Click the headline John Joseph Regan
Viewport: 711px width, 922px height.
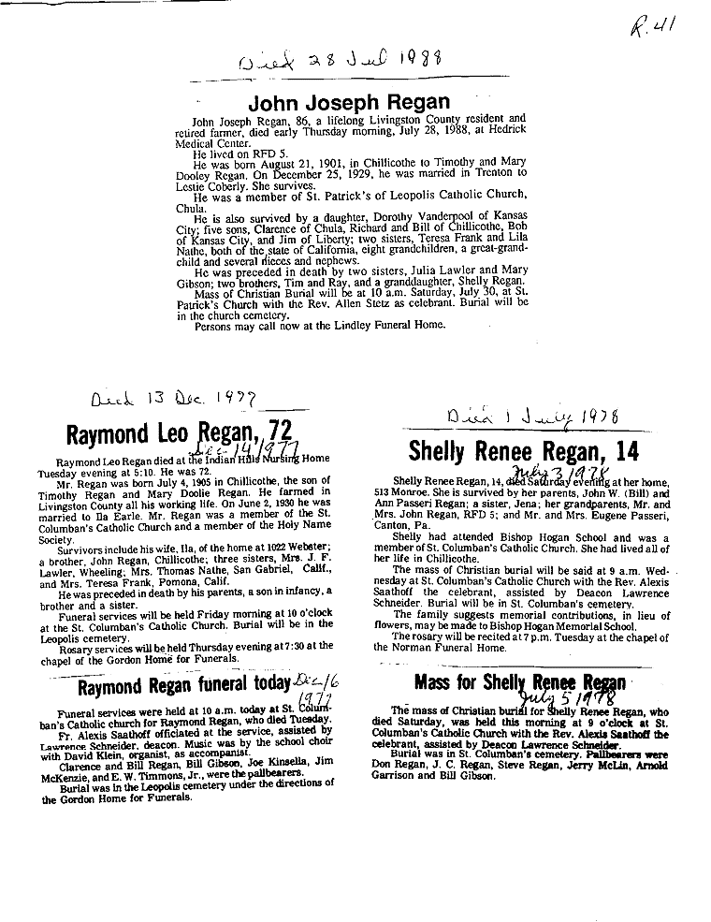click(x=348, y=102)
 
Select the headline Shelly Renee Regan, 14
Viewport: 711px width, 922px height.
click(x=524, y=452)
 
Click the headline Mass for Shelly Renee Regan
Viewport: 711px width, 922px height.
click(x=520, y=682)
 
